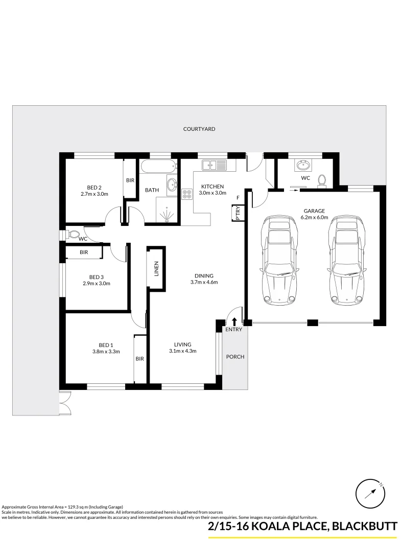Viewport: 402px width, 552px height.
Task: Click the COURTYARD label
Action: tap(199, 129)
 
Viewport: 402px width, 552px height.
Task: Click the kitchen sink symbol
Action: tap(215, 165)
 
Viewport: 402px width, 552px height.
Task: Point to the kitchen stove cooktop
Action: tap(187, 194)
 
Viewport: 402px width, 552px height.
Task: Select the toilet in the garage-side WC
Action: tap(322, 180)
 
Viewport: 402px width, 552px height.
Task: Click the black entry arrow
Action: tap(234, 321)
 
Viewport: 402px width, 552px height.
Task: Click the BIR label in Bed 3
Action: tap(84, 252)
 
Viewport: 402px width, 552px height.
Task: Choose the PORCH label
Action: tap(235, 356)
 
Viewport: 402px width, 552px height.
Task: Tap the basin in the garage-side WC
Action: tap(303, 165)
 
